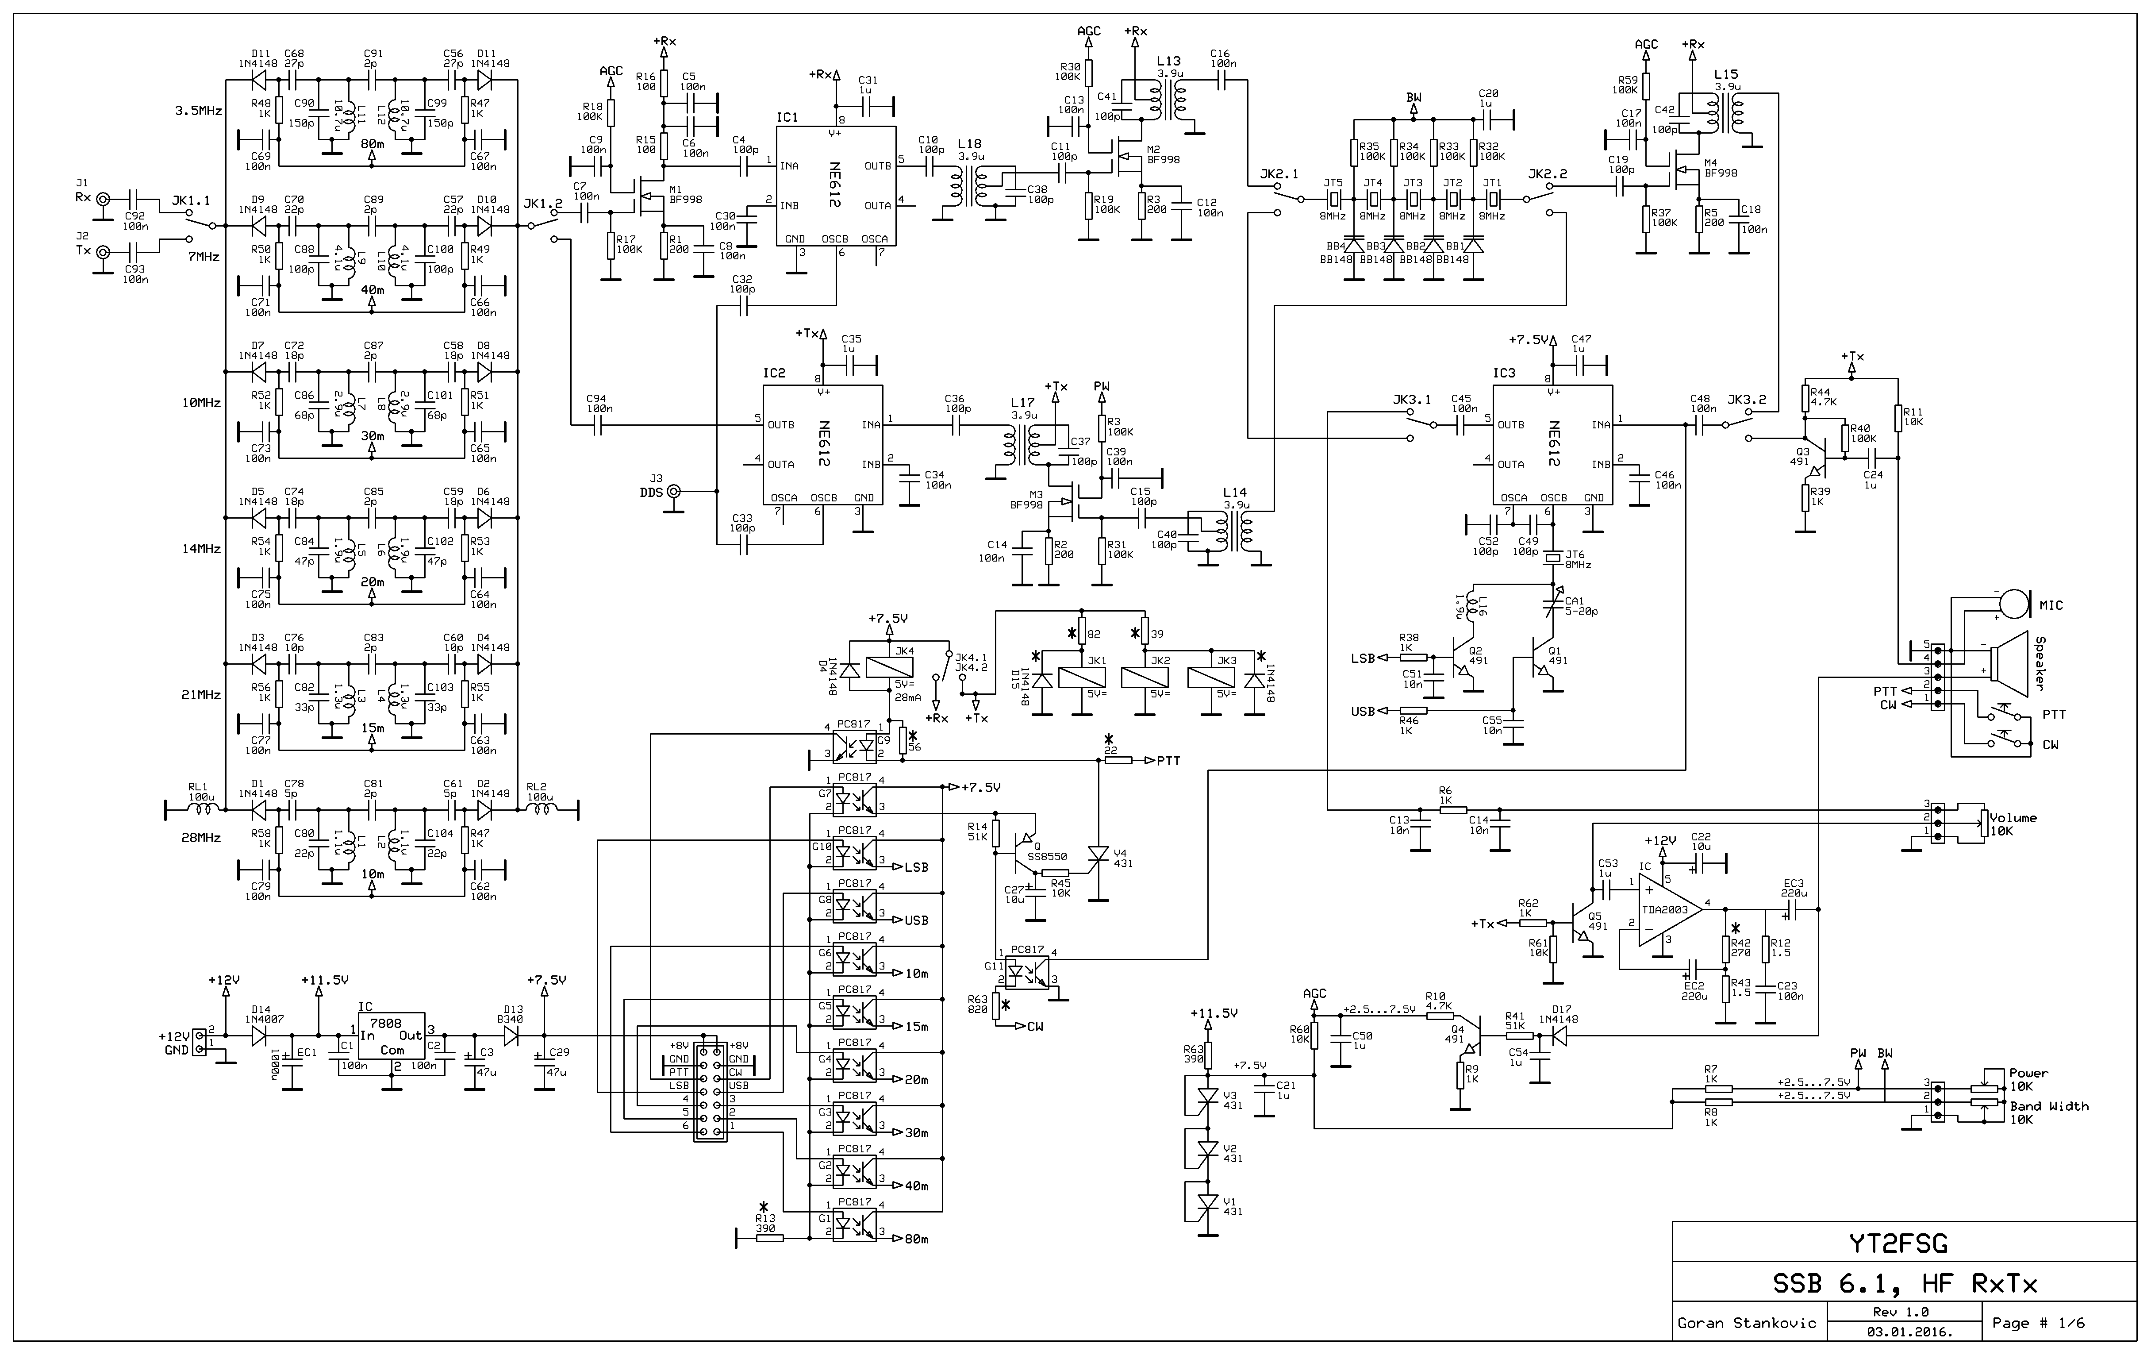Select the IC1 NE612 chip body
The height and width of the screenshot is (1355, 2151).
(x=835, y=186)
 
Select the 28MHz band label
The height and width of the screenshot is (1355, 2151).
(x=201, y=838)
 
